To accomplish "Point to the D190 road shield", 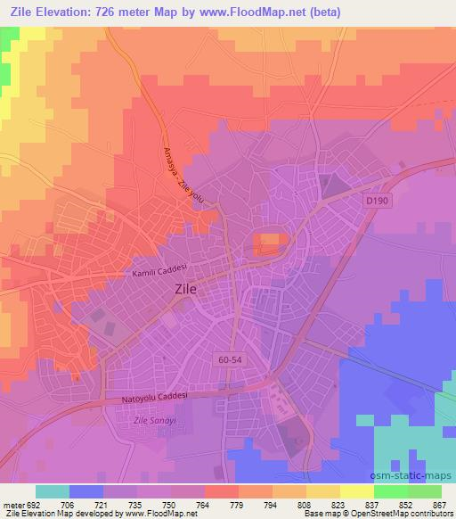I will pos(375,202).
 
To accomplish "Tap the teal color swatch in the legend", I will pos(52,491).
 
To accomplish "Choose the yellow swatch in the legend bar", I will pos(356,491).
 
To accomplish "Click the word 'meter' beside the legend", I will pos(13,505).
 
